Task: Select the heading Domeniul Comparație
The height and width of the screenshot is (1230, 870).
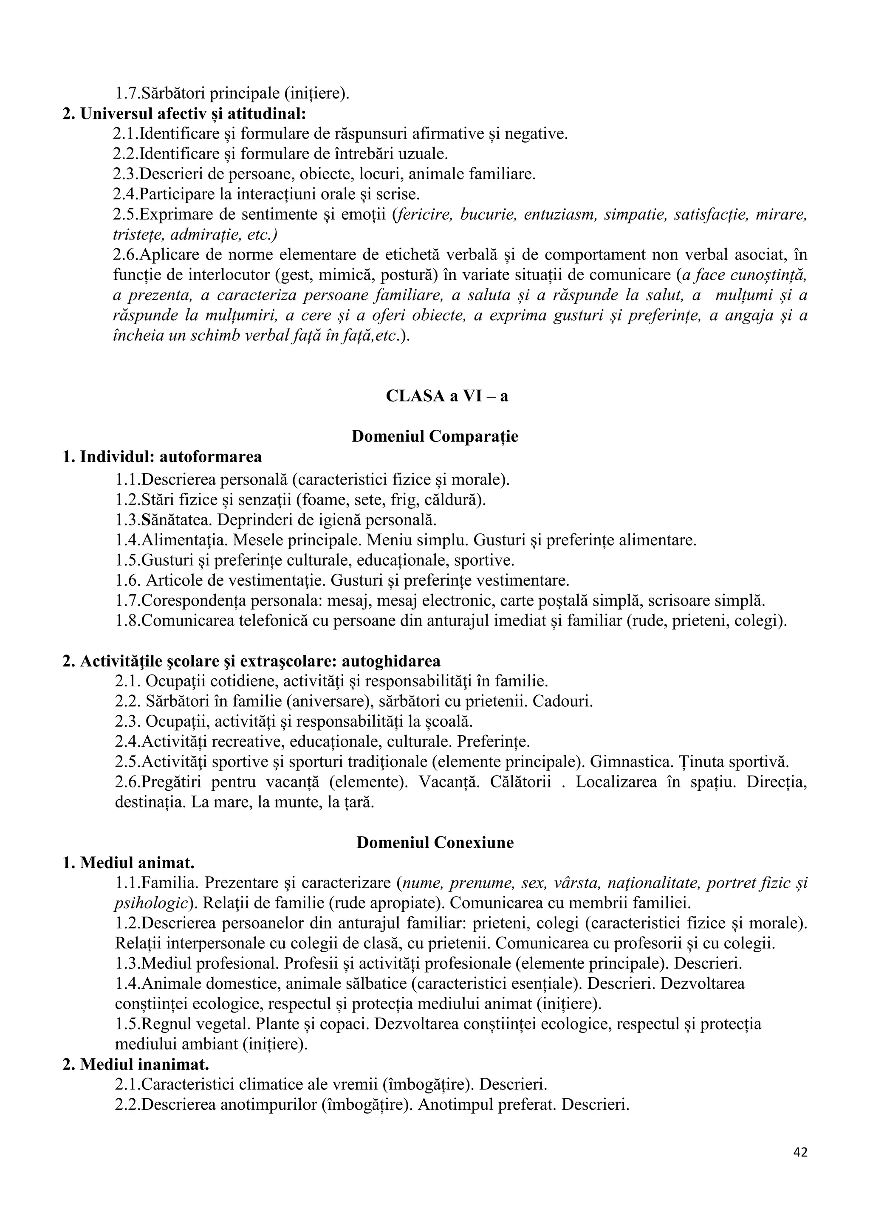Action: point(435,436)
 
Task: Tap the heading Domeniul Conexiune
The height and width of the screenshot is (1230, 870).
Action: point(435,843)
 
